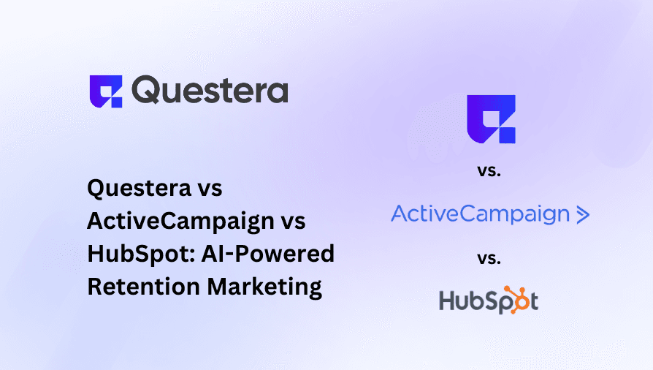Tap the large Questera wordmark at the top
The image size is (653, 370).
210,91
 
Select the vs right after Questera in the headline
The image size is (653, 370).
207,188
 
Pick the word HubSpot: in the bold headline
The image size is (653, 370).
140,254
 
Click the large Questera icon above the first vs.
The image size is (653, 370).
491,118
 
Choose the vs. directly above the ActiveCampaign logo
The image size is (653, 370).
490,172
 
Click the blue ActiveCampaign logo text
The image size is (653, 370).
480,214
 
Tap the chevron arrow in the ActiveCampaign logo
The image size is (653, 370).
582,214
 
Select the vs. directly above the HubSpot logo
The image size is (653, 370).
490,258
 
